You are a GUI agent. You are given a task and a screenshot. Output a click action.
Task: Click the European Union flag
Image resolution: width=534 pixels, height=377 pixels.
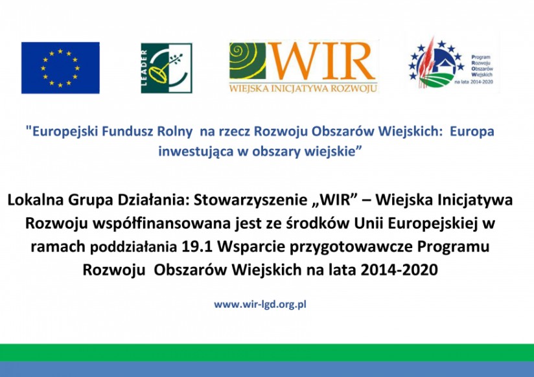pyautogui.click(x=60, y=68)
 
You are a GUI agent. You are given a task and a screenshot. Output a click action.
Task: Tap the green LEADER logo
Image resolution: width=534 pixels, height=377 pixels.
pyautogui.click(x=167, y=68)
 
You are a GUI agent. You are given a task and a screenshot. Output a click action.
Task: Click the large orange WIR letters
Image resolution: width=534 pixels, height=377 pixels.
pyautogui.click(x=322, y=62)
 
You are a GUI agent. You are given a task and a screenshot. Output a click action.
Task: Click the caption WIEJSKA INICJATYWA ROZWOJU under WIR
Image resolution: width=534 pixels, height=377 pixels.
pyautogui.click(x=303, y=89)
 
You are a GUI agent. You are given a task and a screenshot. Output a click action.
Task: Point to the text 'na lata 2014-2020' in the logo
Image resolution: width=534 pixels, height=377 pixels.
pyautogui.click(x=474, y=82)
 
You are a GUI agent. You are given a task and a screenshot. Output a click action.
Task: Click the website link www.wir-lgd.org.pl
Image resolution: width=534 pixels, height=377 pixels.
pyautogui.click(x=260, y=304)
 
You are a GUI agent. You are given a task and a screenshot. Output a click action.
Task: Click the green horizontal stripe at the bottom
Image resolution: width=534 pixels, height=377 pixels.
pyautogui.click(x=267, y=352)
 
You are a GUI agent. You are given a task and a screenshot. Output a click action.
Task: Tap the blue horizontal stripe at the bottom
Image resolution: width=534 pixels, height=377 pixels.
pyautogui.click(x=267, y=369)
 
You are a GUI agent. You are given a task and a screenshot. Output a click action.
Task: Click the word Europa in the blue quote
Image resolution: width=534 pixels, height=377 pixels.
pyautogui.click(x=472, y=131)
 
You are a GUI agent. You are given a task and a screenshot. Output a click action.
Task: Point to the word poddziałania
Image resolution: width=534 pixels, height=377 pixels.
pyautogui.click(x=133, y=247)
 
